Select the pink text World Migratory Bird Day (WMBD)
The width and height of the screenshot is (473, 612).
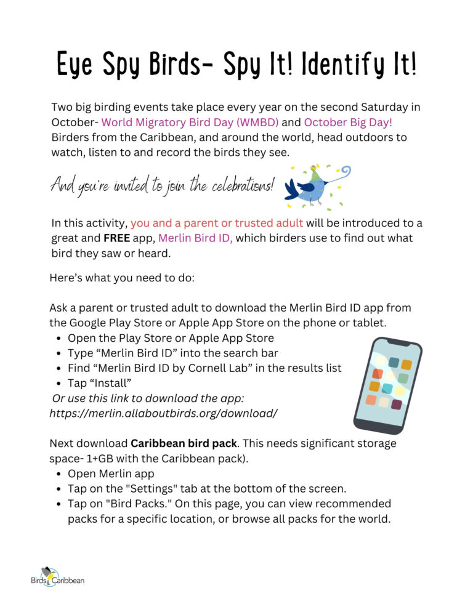(x=190, y=122)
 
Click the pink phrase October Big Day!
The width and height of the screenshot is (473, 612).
(x=348, y=122)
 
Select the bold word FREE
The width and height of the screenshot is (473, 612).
(x=108, y=238)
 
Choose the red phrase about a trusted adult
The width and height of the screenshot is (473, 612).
(x=217, y=223)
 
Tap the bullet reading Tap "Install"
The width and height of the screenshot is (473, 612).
(x=100, y=383)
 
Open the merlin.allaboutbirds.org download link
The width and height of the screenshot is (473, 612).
(x=163, y=413)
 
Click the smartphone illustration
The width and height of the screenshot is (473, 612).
(x=387, y=385)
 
